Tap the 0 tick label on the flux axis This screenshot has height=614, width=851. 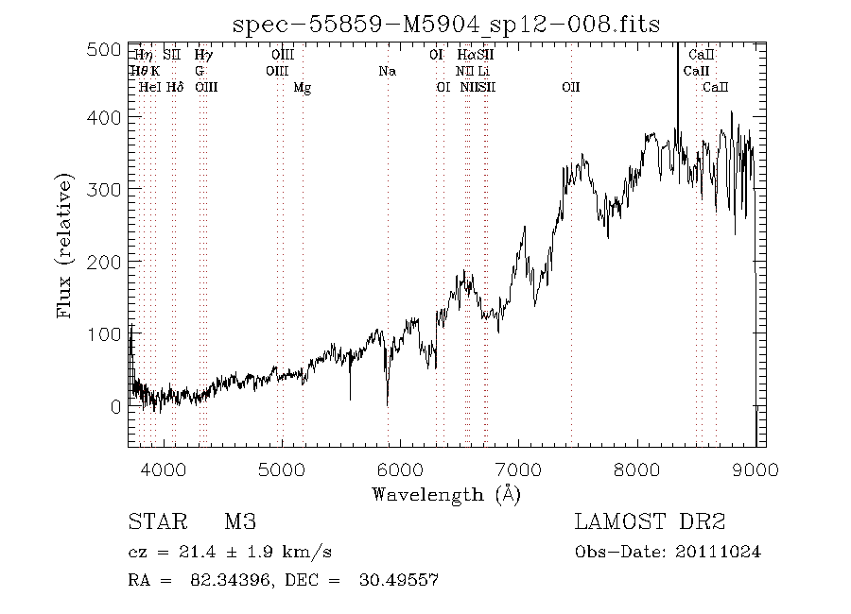pos(115,407)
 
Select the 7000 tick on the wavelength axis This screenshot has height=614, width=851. pos(518,469)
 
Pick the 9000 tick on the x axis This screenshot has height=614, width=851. pos(755,469)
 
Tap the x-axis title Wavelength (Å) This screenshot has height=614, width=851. pos(446,493)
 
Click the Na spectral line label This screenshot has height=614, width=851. pos(386,72)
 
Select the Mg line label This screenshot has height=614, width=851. pos(302,88)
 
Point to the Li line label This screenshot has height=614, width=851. pos(483,72)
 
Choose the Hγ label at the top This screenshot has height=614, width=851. pos(203,56)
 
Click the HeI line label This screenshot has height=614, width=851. pos(149,88)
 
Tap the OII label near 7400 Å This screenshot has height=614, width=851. pos(570,88)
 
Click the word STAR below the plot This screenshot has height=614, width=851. pos(153,522)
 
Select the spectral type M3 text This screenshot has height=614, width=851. pos(240,522)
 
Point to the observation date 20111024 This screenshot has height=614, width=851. pos(722,552)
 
